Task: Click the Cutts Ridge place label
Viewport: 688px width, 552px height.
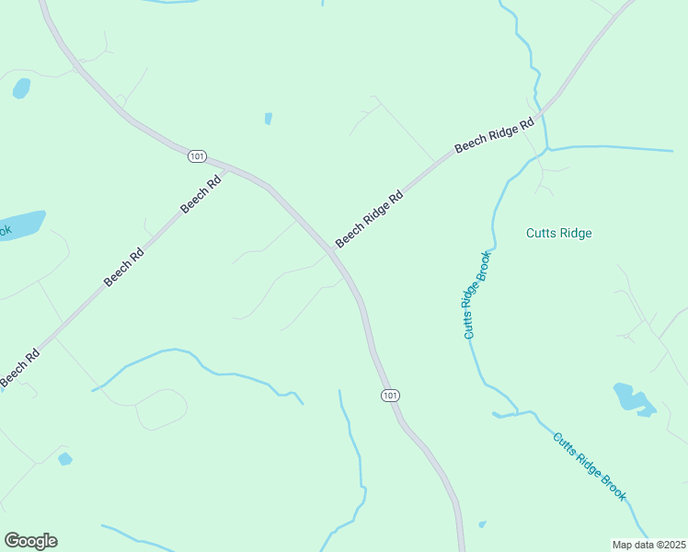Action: [558, 233]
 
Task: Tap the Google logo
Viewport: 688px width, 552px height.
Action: [30, 541]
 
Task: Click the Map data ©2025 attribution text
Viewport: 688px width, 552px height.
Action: [649, 545]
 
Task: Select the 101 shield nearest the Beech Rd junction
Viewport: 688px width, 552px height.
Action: [197, 156]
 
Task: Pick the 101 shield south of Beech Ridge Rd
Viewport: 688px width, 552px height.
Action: [390, 395]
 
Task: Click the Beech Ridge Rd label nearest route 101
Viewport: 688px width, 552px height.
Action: [369, 219]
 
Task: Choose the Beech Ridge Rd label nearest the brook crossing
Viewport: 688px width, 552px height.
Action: [495, 134]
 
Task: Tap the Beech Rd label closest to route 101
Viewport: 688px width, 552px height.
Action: [201, 194]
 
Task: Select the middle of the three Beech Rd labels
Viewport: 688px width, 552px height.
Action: [123, 266]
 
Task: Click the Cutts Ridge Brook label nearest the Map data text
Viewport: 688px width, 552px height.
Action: [590, 466]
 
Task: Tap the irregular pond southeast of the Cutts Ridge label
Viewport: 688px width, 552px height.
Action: [632, 397]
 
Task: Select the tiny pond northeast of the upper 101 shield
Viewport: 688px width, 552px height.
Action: [268, 119]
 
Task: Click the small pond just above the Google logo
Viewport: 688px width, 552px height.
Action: [64, 458]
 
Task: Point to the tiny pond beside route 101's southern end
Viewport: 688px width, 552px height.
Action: [483, 525]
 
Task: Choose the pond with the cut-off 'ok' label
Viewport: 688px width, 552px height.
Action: [22, 224]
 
